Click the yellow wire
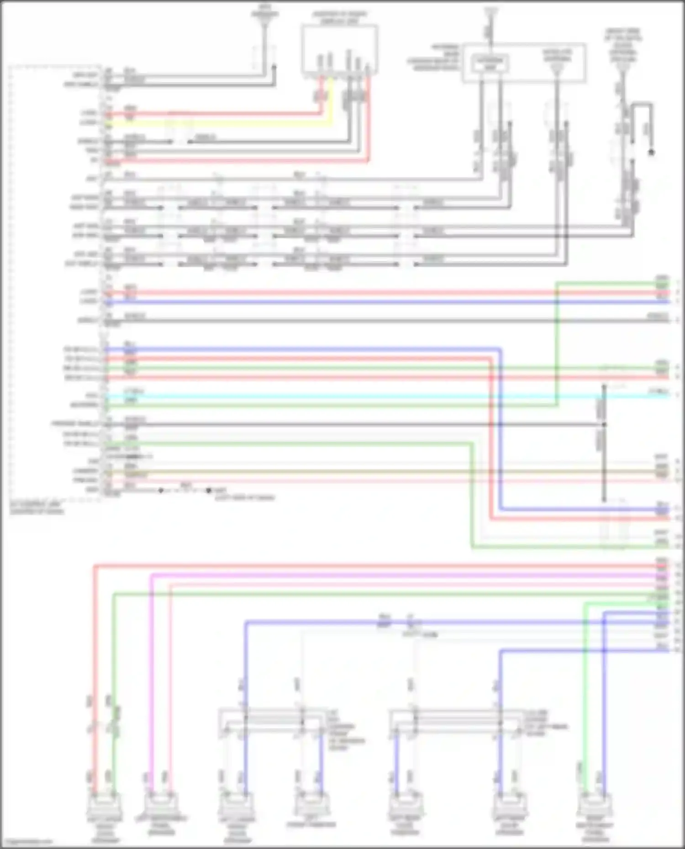pos(219,123)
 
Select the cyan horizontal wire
pos(365,396)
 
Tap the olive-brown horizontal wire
pos(365,471)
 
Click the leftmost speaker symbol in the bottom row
pos(105,807)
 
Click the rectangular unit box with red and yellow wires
pos(339,49)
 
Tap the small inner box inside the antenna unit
pos(490,63)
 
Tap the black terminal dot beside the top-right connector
pos(652,152)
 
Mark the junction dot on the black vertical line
pos(604,424)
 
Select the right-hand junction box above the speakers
pos(454,721)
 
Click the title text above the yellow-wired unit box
pos(339,18)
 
